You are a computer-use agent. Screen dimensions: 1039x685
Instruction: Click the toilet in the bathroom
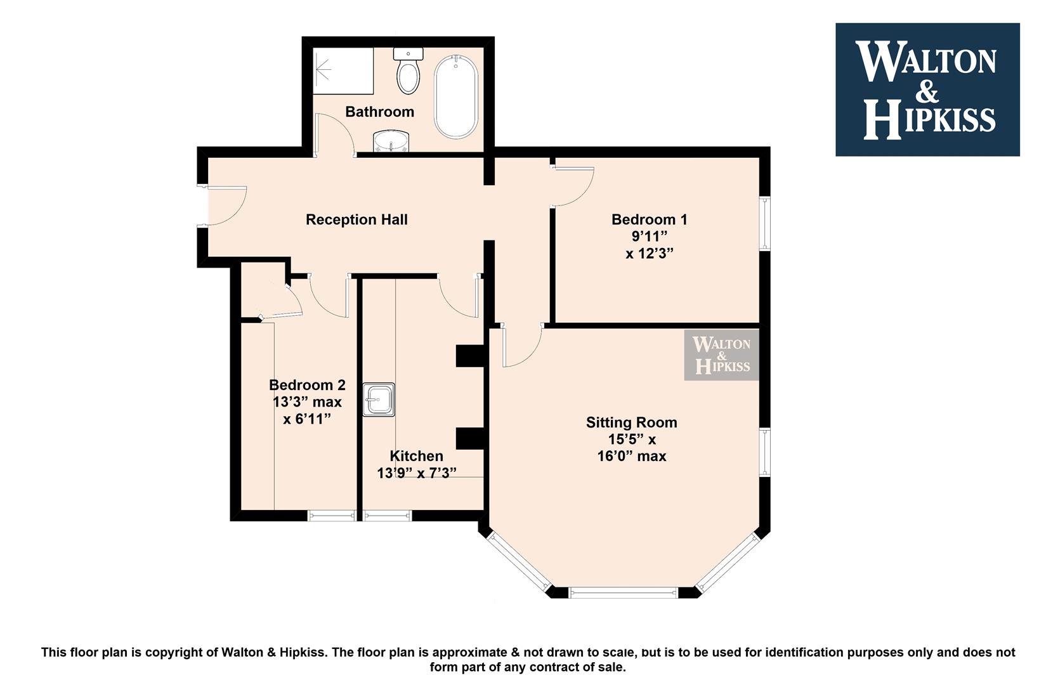click(x=408, y=70)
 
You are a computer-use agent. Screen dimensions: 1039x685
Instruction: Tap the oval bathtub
click(x=456, y=96)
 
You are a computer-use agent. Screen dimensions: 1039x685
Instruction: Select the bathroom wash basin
click(x=391, y=141)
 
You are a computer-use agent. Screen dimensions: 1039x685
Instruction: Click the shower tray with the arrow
click(x=343, y=70)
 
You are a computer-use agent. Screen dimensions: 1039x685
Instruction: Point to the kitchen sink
click(x=379, y=400)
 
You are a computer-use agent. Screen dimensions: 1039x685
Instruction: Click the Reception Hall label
click(x=356, y=219)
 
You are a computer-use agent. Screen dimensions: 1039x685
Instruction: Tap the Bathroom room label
click(x=379, y=112)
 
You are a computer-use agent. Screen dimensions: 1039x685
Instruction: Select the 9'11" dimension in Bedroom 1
click(x=649, y=237)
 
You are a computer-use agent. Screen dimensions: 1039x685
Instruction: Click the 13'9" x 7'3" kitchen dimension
click(x=417, y=473)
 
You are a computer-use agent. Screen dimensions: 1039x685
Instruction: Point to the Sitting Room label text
click(x=631, y=422)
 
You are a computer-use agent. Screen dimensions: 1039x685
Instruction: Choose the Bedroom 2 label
click(x=307, y=385)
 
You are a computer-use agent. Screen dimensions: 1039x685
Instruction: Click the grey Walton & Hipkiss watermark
click(x=721, y=355)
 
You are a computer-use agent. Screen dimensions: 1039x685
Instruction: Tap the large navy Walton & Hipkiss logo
click(x=927, y=89)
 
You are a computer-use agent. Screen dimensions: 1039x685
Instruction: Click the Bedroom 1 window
click(x=765, y=223)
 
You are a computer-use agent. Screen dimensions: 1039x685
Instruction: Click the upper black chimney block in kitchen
click(x=470, y=356)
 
